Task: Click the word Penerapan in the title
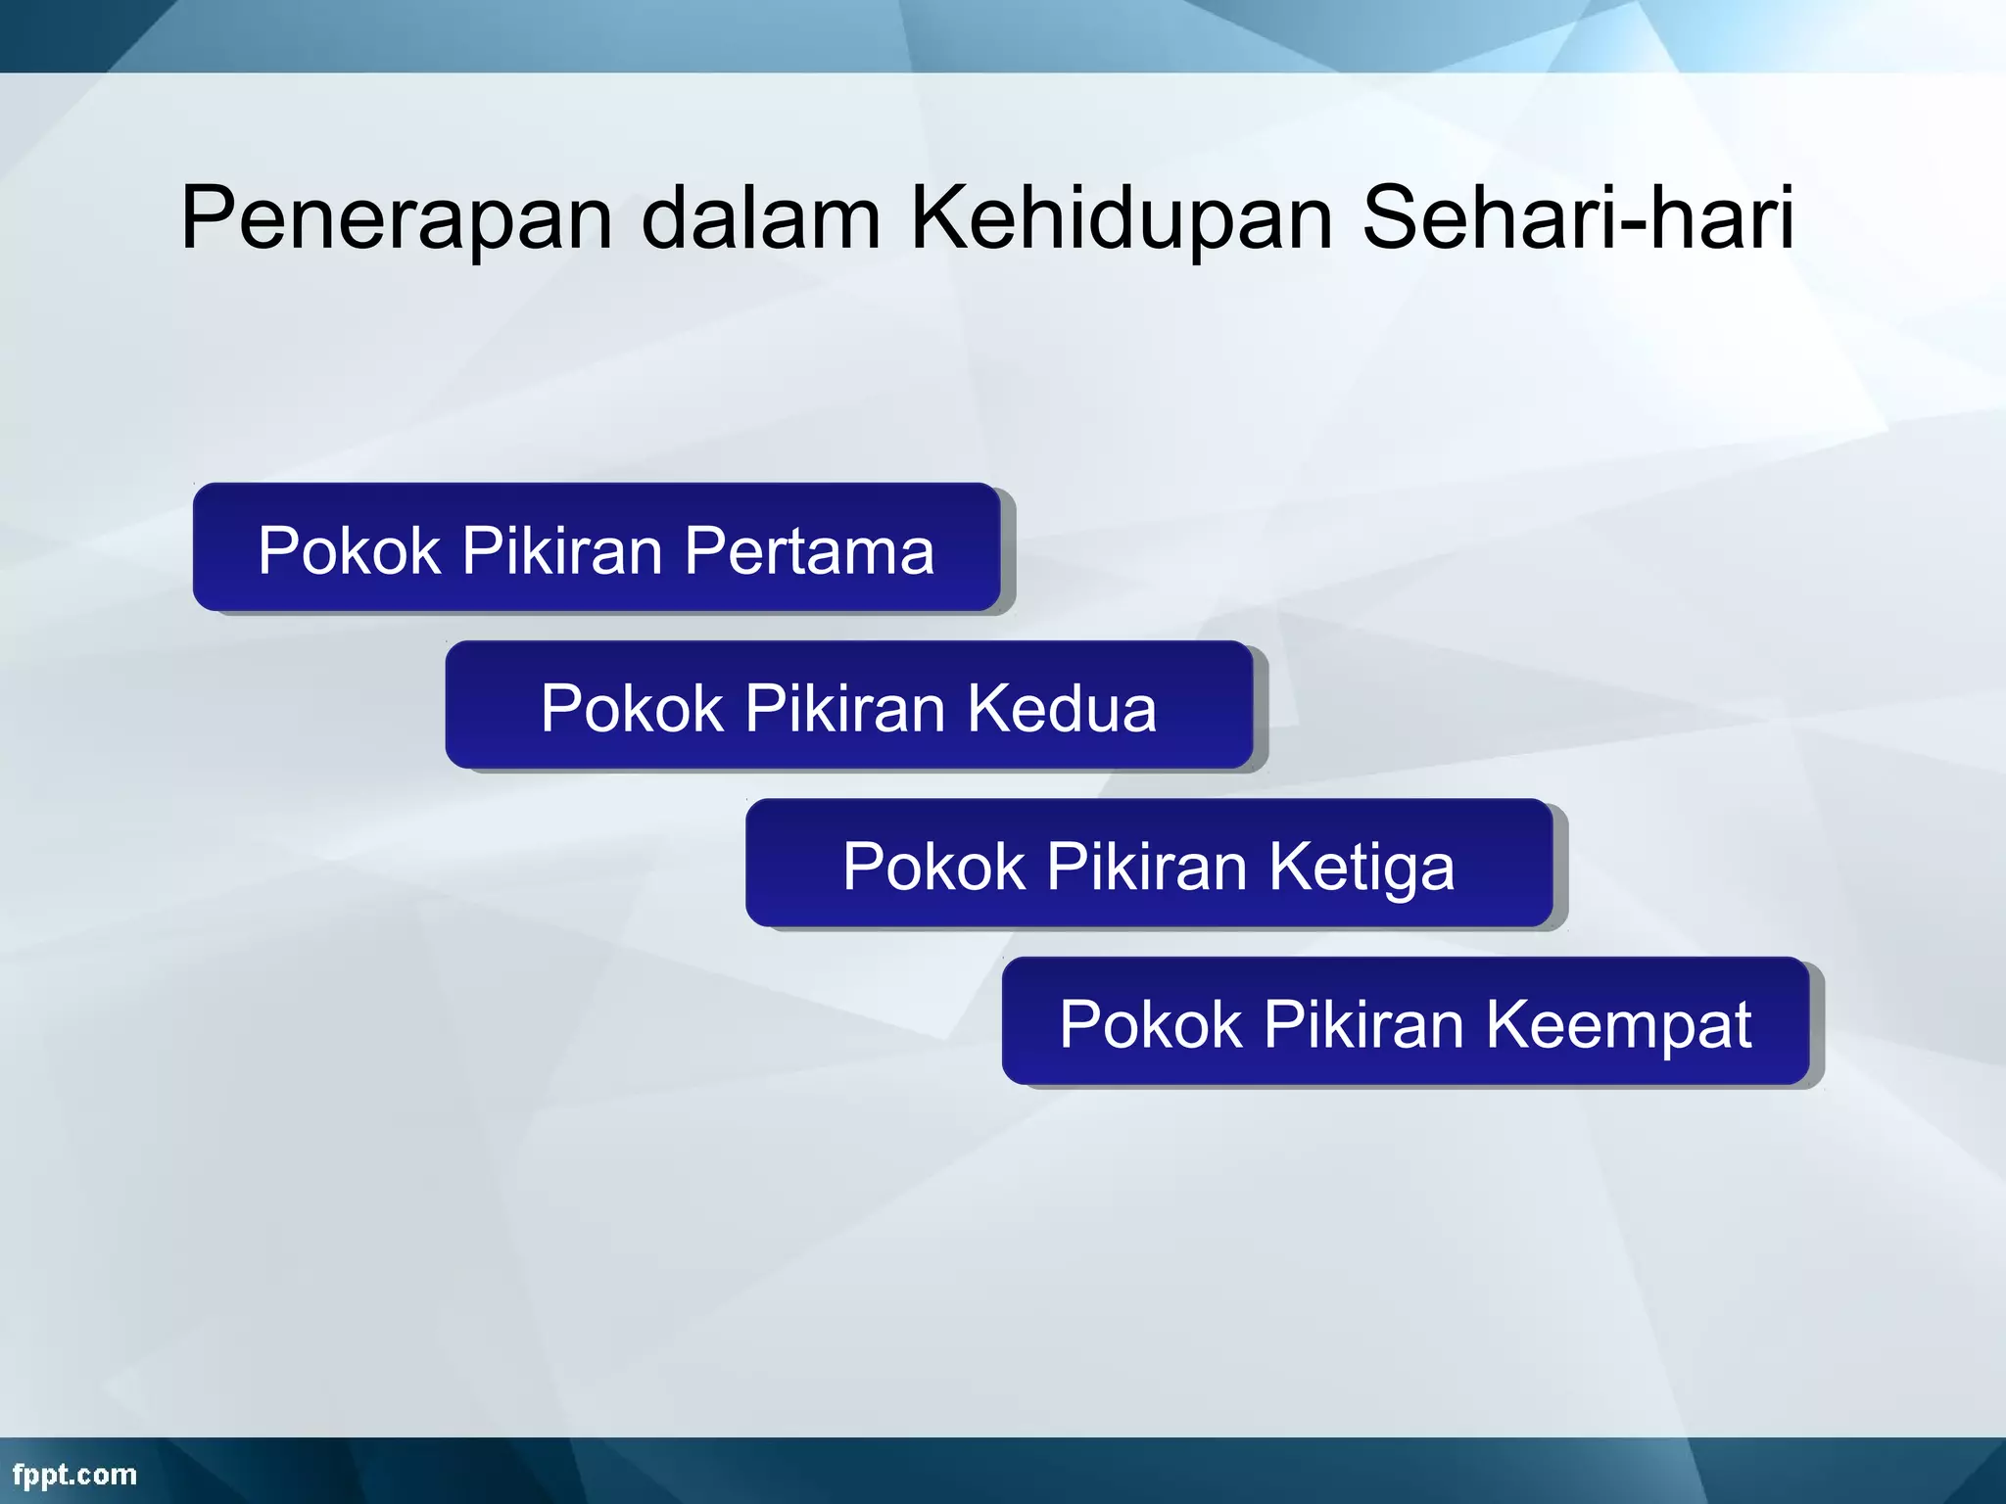coord(396,219)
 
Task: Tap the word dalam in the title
coord(761,219)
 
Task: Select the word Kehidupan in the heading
coord(1122,219)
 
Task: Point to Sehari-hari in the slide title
coord(1578,217)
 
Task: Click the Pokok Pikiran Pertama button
coord(596,548)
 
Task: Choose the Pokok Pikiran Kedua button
coord(848,706)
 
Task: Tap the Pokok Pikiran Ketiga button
coord(1148,865)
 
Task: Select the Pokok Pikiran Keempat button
coord(1405,1022)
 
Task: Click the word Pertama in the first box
coord(809,550)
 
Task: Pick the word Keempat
coord(1618,1026)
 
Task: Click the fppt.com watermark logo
coord(74,1475)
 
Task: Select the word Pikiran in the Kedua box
coord(845,708)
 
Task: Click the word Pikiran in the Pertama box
coord(562,550)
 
